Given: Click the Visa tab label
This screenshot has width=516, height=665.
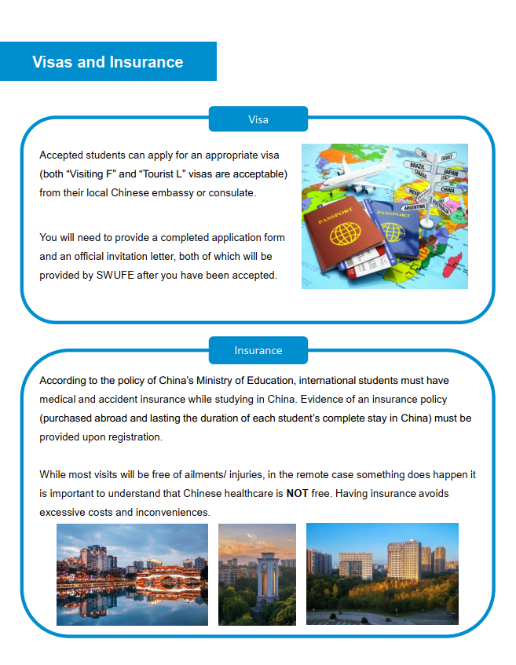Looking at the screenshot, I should pyautogui.click(x=258, y=119).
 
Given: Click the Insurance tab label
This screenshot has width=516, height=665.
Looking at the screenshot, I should pyautogui.click(x=258, y=350).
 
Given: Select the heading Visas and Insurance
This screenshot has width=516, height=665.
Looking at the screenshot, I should pyautogui.click(x=108, y=62).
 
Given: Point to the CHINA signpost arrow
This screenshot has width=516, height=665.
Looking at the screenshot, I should pyautogui.click(x=448, y=189).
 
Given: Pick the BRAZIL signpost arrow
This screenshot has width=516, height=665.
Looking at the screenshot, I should pyautogui.click(x=418, y=166).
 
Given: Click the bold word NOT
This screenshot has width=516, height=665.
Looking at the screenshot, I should pyautogui.click(x=296, y=494).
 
